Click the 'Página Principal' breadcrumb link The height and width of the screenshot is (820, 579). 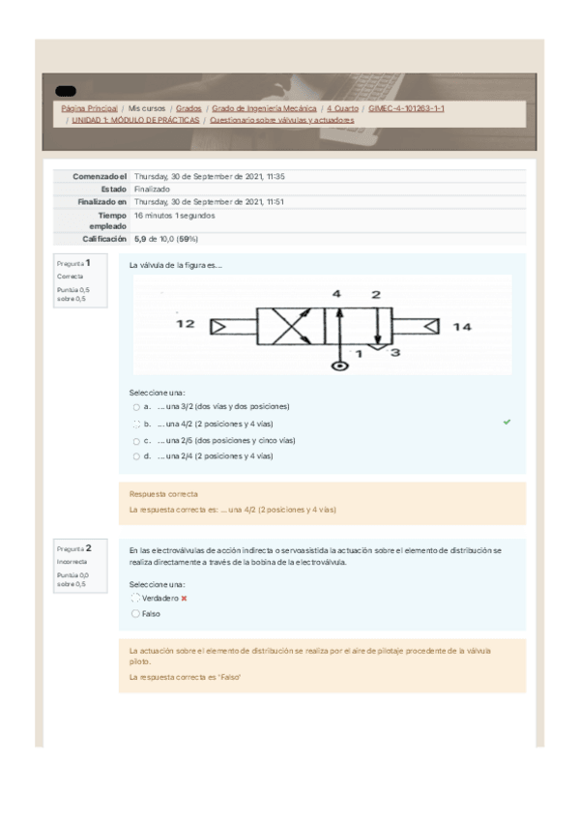click(90, 109)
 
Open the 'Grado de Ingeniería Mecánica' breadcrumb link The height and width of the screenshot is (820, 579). click(264, 109)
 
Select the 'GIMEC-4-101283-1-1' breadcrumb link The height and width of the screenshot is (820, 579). click(406, 109)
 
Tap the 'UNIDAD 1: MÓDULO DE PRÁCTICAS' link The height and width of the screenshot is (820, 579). click(135, 121)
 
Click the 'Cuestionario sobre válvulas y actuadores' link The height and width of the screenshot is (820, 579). click(281, 121)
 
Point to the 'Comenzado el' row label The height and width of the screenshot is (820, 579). click(100, 177)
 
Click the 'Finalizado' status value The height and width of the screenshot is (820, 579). click(152, 190)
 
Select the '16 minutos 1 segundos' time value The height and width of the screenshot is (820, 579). click(175, 216)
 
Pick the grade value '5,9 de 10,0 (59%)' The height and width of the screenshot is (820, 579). click(166, 238)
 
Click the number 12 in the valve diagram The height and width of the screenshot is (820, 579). click(186, 326)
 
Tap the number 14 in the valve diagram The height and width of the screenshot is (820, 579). click(462, 327)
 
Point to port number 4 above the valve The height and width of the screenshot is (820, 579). click(336, 293)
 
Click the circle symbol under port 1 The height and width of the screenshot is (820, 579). click(338, 366)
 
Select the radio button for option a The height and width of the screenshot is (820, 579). click(136, 407)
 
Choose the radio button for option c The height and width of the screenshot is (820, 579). click(136, 440)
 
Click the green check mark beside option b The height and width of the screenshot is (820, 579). click(507, 423)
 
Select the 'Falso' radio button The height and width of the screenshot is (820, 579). click(135, 612)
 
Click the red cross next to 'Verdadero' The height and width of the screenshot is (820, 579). click(184, 599)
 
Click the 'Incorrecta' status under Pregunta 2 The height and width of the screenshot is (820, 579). click(71, 561)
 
